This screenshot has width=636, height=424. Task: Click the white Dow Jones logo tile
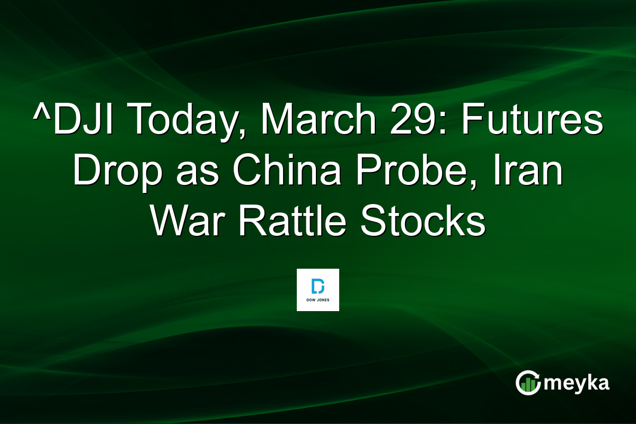coord(317,289)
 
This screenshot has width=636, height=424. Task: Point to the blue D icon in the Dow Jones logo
coord(317,286)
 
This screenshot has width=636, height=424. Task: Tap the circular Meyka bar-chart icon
coord(528,383)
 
